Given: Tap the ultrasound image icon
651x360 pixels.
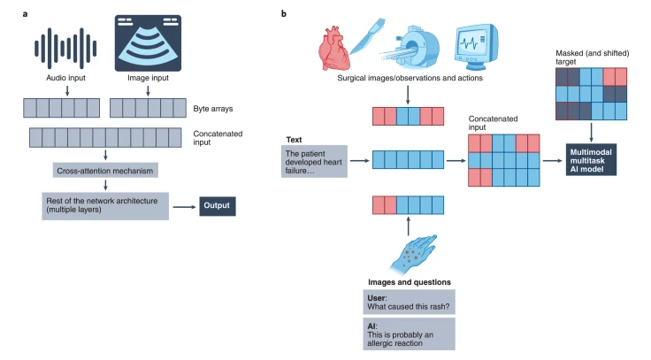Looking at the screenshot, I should coord(148,41).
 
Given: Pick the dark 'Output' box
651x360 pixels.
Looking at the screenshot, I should coord(218,207).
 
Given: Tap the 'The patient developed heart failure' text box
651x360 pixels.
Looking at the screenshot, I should coord(313,162).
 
